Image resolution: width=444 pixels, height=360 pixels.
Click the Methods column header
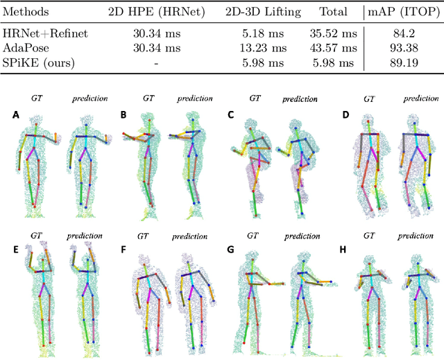point(28,12)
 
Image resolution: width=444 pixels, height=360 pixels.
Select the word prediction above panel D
point(422,99)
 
